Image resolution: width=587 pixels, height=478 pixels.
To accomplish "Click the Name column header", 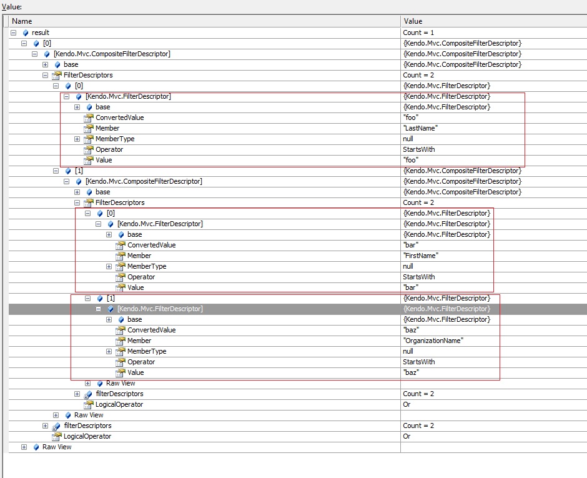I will pos(22,21).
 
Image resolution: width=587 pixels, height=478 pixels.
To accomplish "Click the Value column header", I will pos(413,21).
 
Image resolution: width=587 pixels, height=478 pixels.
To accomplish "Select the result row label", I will pos(41,32).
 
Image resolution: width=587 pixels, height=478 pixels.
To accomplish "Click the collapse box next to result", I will pos(14,32).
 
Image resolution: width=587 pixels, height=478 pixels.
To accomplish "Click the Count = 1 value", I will pos(417,32).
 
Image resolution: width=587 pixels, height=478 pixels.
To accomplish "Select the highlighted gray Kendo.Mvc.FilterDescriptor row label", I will pos(160,309).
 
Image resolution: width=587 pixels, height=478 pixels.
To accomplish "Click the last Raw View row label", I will pos(57,447).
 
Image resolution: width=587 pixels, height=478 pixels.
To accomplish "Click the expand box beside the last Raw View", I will pos(24,447).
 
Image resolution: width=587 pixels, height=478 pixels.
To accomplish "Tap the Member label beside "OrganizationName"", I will pos(139,341).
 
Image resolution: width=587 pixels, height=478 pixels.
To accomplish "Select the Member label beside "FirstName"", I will pos(139,256).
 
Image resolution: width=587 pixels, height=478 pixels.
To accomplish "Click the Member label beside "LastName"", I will pos(107,128).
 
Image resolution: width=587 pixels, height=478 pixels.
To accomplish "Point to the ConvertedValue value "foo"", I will pos(411,117).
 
